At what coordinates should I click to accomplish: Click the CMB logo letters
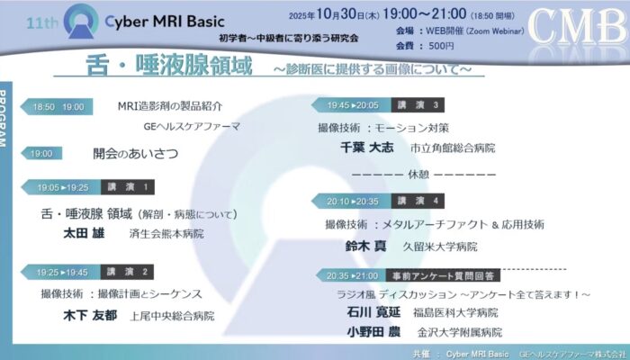tap(578, 26)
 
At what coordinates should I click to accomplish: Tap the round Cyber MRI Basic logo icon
tap(81, 22)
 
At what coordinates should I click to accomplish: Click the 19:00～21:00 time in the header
tap(424, 14)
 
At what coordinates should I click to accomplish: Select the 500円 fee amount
tap(441, 46)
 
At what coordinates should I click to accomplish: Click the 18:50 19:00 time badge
tap(57, 107)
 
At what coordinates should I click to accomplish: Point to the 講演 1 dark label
tap(128, 187)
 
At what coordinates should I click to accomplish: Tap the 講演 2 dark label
tap(127, 272)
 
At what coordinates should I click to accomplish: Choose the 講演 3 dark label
tap(418, 105)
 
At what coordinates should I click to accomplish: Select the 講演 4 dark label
tap(418, 201)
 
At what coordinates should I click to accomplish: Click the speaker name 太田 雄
tap(84, 233)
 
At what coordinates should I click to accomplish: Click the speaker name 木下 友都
tap(90, 315)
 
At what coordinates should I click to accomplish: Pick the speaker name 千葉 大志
tap(367, 148)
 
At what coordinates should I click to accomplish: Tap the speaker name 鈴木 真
tap(366, 246)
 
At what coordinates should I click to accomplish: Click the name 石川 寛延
tap(373, 311)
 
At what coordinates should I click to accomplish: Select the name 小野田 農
tap(373, 332)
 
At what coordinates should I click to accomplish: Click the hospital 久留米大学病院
tap(440, 247)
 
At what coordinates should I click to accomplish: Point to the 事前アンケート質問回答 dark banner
tap(443, 275)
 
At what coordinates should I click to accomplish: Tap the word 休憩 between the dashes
tap(418, 175)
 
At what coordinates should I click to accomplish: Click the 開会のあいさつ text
tap(135, 154)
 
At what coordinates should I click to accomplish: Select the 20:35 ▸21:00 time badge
tap(352, 275)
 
